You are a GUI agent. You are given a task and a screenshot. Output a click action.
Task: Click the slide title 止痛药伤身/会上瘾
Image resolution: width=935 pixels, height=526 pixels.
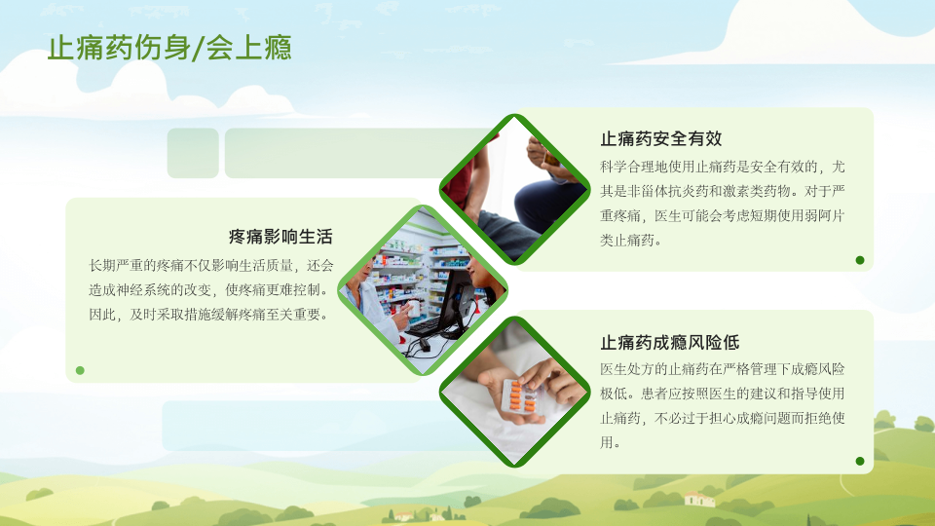169,48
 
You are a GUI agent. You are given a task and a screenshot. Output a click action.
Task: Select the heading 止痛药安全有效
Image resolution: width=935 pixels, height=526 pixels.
660,139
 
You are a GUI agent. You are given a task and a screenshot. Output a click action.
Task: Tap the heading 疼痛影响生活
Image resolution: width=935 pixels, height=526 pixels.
280,237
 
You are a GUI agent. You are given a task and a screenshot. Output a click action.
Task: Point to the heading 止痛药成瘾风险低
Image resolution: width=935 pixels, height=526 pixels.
670,342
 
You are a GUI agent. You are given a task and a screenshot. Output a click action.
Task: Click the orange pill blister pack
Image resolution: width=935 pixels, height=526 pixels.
520,396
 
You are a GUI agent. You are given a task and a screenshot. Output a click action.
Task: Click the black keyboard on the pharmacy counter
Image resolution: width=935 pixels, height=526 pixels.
423,326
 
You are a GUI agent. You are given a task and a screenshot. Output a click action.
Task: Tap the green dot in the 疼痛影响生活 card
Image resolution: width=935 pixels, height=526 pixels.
80,370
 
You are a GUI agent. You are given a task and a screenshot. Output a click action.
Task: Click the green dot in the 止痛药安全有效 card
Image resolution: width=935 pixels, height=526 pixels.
860,260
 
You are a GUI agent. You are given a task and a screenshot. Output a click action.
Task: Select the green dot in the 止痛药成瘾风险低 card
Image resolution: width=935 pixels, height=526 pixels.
860,461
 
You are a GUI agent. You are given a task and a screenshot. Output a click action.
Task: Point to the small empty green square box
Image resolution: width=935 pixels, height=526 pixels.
193,153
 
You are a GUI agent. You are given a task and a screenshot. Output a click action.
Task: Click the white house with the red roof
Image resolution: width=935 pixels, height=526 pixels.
699,499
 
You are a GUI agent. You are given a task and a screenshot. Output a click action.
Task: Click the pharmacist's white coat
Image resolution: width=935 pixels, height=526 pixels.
370,310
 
